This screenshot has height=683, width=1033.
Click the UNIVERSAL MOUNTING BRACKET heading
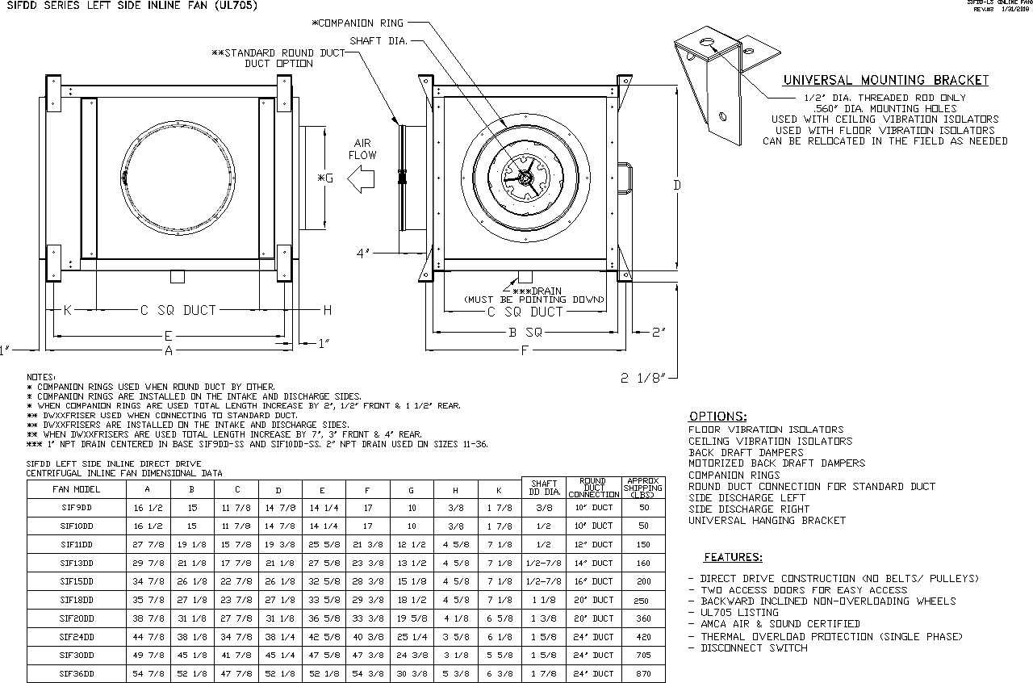tap(885, 80)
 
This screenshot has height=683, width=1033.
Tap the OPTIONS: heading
tap(717, 417)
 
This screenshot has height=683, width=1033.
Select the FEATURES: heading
tap(733, 557)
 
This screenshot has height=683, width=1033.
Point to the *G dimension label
tap(325, 178)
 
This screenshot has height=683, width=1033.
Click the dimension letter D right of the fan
tap(677, 186)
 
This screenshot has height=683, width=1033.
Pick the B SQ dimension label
tap(525, 332)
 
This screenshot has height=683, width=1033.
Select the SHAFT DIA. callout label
tap(378, 40)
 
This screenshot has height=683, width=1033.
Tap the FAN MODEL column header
tap(77, 489)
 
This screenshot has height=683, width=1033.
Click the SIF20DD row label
tap(77, 618)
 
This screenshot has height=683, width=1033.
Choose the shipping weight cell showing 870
tap(642, 673)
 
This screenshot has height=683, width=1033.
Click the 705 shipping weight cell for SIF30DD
tap(642, 655)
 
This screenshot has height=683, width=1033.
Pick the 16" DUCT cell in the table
tap(593, 581)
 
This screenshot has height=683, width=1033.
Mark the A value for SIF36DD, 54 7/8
tap(147, 673)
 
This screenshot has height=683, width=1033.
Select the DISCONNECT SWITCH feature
tap(754, 647)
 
